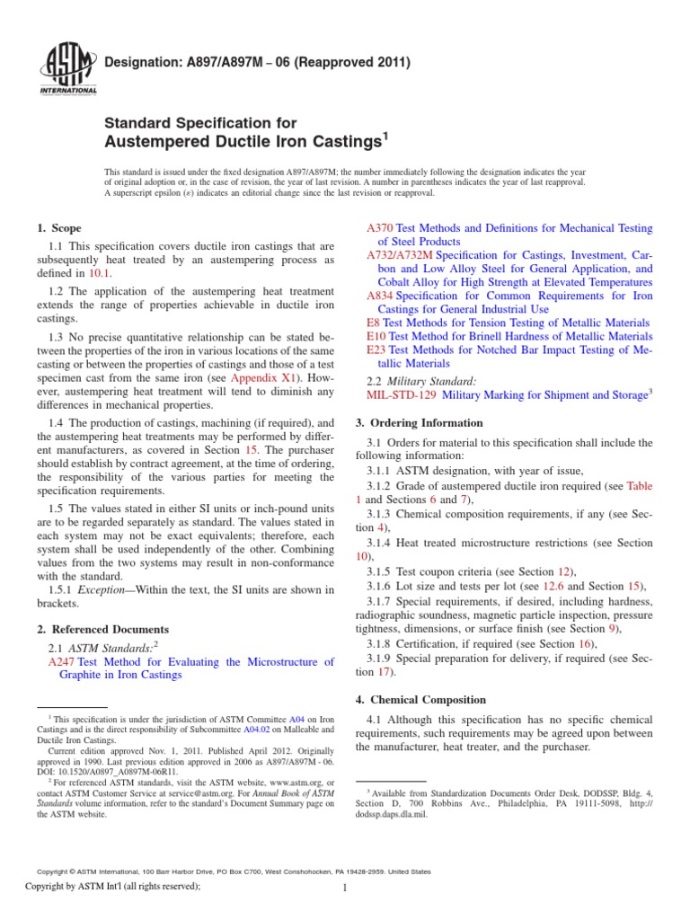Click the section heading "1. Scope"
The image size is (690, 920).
pos(61,229)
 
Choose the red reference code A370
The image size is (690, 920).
pos(380,229)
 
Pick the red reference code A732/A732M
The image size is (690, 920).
pos(401,255)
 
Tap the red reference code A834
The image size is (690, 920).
pos(380,296)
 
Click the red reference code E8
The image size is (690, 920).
pos(374,323)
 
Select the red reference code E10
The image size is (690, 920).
pos(376,336)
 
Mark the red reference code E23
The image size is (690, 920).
pos(376,349)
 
